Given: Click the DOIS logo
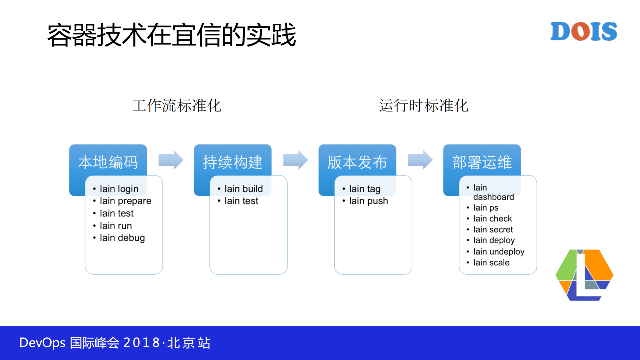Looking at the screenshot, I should [x=583, y=31].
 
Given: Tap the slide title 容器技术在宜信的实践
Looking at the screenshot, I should [x=171, y=35].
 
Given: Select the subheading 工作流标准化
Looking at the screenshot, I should [x=177, y=105].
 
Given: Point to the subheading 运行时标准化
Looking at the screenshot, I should [x=424, y=105].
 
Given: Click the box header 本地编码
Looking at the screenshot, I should [x=108, y=162].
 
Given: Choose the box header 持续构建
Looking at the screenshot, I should [x=233, y=162].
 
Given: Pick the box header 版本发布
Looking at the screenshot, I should [x=357, y=162].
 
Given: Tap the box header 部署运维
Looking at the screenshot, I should [x=482, y=162].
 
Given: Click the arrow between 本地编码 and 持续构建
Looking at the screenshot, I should [x=171, y=160].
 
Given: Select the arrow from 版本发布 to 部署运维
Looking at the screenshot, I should [x=420, y=160].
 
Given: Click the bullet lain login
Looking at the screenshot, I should [x=119, y=189].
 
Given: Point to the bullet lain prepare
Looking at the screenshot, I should [x=125, y=201].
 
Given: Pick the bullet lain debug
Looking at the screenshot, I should [x=122, y=238].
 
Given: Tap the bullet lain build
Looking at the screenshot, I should [x=243, y=189].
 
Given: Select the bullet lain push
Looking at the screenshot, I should [x=369, y=201].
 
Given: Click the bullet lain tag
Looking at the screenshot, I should [x=365, y=189].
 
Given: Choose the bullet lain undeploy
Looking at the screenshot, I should [x=499, y=252].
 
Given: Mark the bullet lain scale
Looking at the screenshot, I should [x=491, y=263].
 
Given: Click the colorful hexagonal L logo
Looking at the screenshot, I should [x=584, y=275].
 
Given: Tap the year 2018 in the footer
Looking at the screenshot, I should [x=141, y=343].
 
